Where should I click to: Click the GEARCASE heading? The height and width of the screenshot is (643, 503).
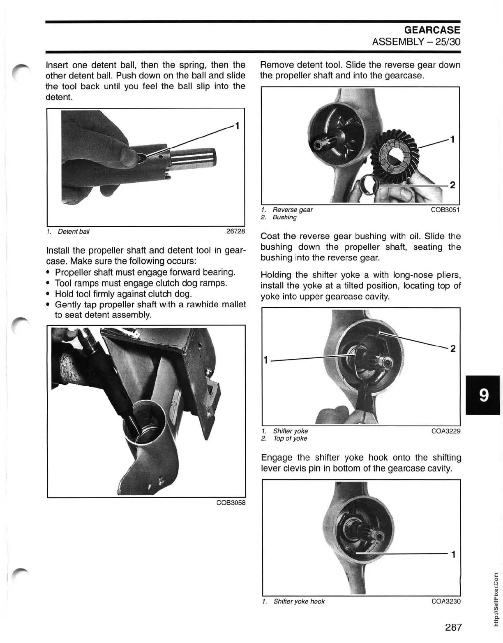pyautogui.click(x=432, y=30)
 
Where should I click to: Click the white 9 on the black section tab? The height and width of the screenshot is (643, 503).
pyautogui.click(x=484, y=395)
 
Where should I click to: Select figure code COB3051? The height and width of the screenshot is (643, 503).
pyautogui.click(x=445, y=209)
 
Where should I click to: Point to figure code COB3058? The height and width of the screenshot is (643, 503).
pyautogui.click(x=231, y=503)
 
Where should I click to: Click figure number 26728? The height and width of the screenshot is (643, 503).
pyautogui.click(x=235, y=231)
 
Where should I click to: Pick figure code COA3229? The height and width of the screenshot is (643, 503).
pyautogui.click(x=445, y=431)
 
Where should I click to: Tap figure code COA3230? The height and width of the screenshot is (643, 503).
pyautogui.click(x=446, y=601)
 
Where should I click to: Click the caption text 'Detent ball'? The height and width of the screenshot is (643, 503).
pyautogui.click(x=73, y=232)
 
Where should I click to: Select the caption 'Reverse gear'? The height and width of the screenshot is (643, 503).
pyautogui.click(x=292, y=210)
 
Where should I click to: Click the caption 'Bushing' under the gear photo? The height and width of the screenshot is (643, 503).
pyautogui.click(x=284, y=217)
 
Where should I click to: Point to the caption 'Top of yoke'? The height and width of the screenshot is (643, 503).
pyautogui.click(x=290, y=439)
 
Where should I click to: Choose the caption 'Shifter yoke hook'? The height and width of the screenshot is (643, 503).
pyautogui.click(x=299, y=601)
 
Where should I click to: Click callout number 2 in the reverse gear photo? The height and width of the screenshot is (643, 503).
pyautogui.click(x=452, y=185)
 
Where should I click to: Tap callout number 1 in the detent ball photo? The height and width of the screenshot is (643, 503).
pyautogui.click(x=237, y=125)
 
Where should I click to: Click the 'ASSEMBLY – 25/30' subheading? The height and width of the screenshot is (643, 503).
pyautogui.click(x=416, y=42)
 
